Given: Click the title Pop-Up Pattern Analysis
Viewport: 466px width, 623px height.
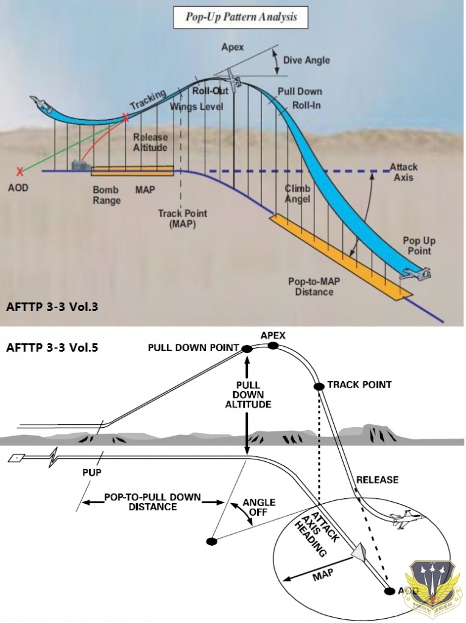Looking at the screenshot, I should pyautogui.click(x=241, y=17).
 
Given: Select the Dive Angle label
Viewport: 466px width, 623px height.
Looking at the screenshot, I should pyautogui.click(x=307, y=60).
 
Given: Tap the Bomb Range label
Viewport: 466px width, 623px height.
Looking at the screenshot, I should pyautogui.click(x=106, y=195).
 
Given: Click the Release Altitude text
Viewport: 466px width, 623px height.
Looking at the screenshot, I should pyautogui.click(x=150, y=142).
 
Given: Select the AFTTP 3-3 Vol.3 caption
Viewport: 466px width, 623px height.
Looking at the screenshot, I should pyautogui.click(x=52, y=307).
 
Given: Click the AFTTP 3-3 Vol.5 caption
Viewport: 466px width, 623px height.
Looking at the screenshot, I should pyautogui.click(x=52, y=349).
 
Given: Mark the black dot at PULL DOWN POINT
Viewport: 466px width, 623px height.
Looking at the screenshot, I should pyautogui.click(x=247, y=349).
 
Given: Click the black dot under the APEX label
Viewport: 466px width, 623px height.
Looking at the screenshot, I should pyautogui.click(x=272, y=346).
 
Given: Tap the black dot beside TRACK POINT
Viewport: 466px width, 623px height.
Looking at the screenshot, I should pyautogui.click(x=318, y=386).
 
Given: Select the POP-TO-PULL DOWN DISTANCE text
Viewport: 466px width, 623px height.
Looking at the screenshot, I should pyautogui.click(x=152, y=502).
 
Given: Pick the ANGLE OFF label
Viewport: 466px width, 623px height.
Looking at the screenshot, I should pyautogui.click(x=259, y=507).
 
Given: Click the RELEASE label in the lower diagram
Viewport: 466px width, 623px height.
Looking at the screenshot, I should pyautogui.click(x=378, y=480).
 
